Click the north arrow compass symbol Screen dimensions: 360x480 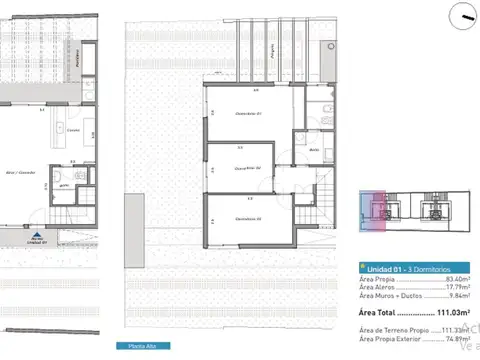[x=463, y=14]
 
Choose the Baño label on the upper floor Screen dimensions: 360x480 [x=313, y=150]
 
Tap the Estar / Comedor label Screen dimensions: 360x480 [x=23, y=173]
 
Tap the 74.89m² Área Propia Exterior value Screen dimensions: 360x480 [x=456, y=339]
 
